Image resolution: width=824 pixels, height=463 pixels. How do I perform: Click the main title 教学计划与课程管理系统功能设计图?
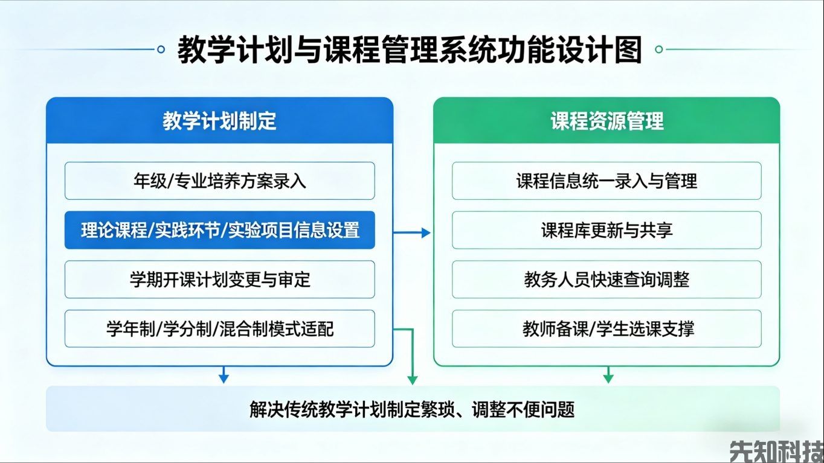(410, 50)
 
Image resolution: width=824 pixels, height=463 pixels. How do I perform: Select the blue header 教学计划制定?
(219, 121)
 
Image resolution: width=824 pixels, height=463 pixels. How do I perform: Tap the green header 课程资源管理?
(607, 121)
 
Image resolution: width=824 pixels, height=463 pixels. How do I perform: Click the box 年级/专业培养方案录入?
(219, 180)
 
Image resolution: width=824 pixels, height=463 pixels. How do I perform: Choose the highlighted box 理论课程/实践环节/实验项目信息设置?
(219, 230)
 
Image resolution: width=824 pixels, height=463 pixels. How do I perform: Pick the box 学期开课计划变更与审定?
(219, 279)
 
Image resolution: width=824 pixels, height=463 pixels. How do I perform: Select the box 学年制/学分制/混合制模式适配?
(219, 329)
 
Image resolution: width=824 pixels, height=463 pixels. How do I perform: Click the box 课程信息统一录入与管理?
(607, 180)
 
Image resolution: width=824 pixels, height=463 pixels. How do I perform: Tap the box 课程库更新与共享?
(607, 230)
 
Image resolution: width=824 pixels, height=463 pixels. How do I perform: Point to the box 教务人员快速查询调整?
(607, 279)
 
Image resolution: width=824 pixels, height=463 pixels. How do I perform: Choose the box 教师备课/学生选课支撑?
(607, 329)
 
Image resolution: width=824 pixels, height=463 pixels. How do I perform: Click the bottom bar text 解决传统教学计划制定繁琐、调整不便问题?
(412, 410)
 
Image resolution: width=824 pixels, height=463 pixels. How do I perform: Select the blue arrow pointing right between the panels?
(413, 232)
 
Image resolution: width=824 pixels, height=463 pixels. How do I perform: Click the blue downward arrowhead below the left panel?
(224, 378)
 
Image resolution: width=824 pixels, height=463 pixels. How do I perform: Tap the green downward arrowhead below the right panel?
(608, 378)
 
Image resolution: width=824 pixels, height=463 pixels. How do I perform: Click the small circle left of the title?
(161, 49)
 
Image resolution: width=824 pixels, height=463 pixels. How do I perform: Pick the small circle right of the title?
(659, 49)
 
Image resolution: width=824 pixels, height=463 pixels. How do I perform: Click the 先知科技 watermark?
(776, 451)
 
